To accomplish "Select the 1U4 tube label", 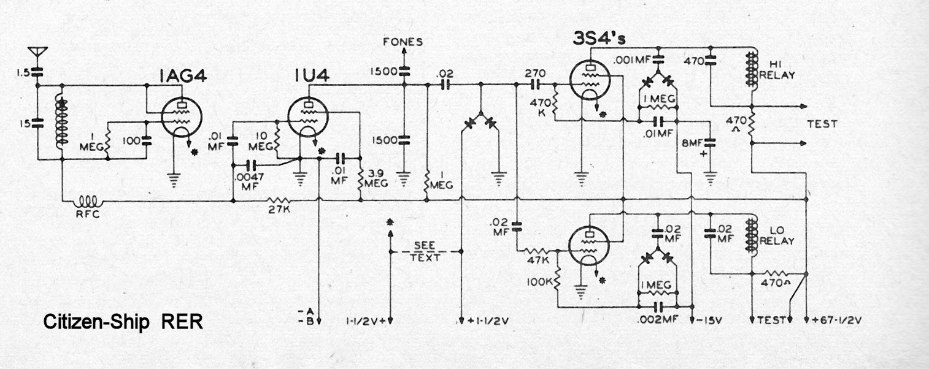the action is [x=312, y=75].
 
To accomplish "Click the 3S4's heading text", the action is [x=599, y=39].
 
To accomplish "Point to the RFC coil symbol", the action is [x=87, y=202].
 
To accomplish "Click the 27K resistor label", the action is [x=279, y=210].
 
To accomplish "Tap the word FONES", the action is [x=403, y=42].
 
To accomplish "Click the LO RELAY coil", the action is [x=750, y=235].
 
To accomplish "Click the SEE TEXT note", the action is [x=425, y=251].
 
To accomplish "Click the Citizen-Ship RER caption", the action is [x=123, y=322].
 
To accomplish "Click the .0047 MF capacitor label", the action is [x=248, y=182].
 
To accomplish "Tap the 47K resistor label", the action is [x=538, y=261].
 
